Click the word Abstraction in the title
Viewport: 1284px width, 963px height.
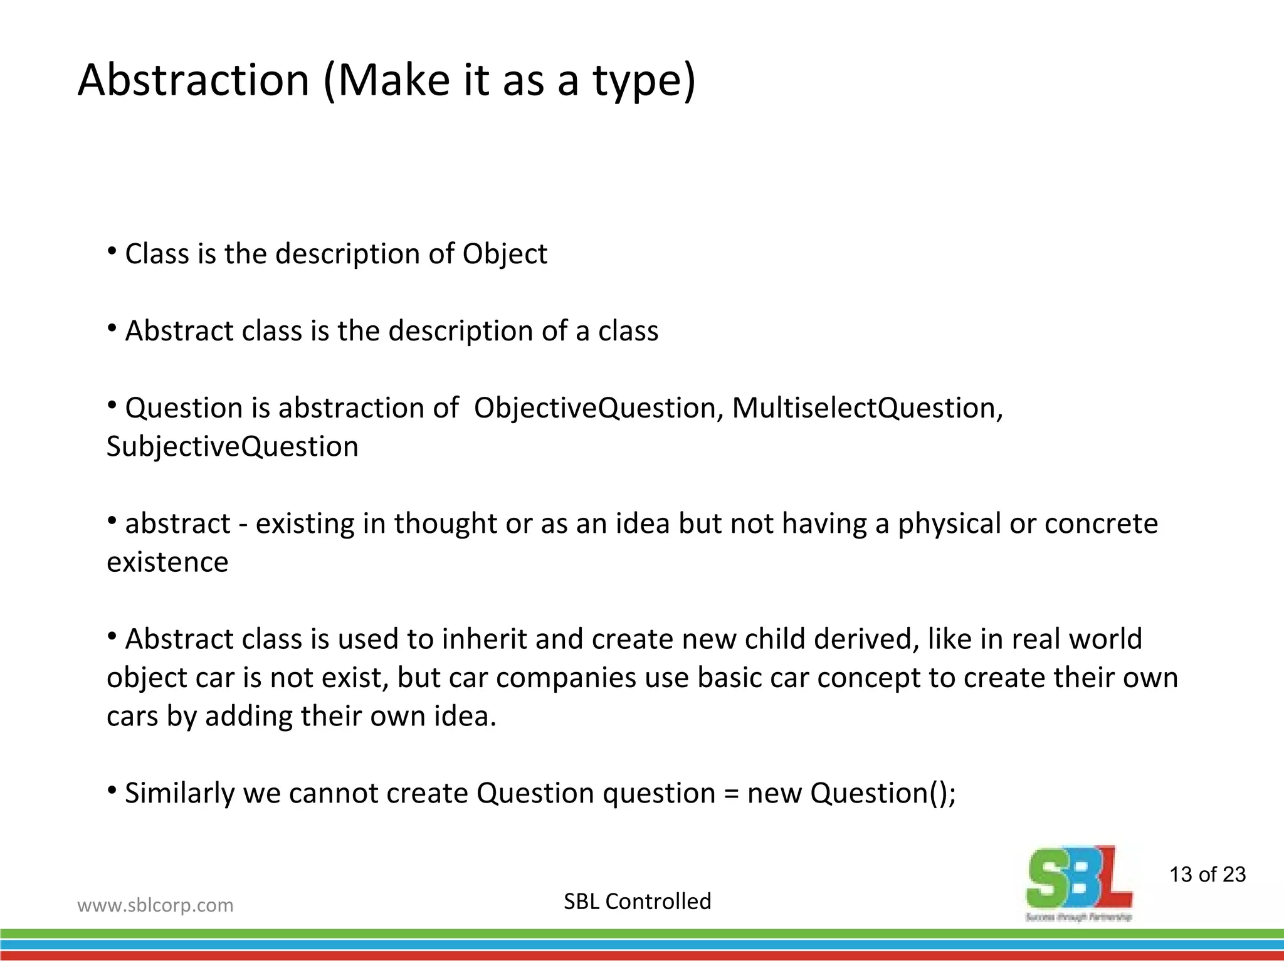(194, 80)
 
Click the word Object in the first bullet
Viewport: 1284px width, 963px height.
(505, 254)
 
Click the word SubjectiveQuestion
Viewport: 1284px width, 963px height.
(233, 446)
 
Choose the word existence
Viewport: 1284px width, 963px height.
(167, 562)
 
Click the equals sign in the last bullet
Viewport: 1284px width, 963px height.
(731, 794)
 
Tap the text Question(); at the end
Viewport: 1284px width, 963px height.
(883, 793)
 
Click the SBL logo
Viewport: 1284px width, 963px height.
(1079, 881)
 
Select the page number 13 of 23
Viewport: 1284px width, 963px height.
(1208, 875)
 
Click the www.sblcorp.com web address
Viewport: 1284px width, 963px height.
(155, 905)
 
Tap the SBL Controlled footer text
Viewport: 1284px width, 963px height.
(638, 902)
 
